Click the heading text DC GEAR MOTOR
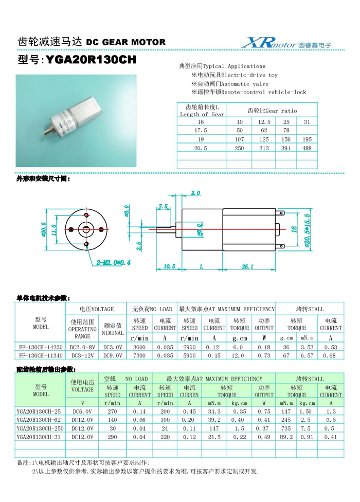pyautogui.click(x=125, y=42)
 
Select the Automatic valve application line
pyautogui.click(x=230, y=83)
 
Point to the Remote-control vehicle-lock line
pyautogui.click(x=249, y=92)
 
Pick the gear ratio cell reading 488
pyautogui.click(x=307, y=148)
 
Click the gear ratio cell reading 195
pyautogui.click(x=307, y=139)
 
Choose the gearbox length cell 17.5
pyautogui.click(x=201, y=131)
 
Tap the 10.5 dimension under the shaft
pyautogui.click(x=169, y=266)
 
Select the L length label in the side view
pyautogui.click(x=201, y=266)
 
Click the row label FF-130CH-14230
pyautogui.click(x=41, y=347)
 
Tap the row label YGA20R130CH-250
pyautogui.click(x=41, y=428)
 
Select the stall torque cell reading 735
pyautogui.click(x=286, y=428)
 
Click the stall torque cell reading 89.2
pyautogui.click(x=286, y=437)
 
